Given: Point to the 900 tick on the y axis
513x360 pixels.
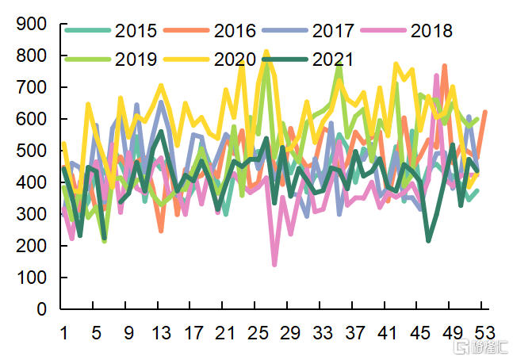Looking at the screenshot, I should pyautogui.click(x=33, y=25).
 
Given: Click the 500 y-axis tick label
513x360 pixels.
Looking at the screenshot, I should pyautogui.click(x=33, y=151).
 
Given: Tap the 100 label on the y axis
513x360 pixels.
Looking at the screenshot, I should pyautogui.click(x=33, y=278).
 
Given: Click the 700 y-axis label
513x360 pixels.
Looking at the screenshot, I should pyautogui.click(x=33, y=88).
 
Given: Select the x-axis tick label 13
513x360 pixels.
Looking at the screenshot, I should pyautogui.click(x=161, y=333).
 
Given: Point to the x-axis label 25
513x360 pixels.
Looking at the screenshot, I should pyautogui.click(x=258, y=333).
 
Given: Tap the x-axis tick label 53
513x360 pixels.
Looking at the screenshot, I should pyautogui.click(x=484, y=333).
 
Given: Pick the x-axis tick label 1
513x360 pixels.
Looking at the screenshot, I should pyautogui.click(x=64, y=333).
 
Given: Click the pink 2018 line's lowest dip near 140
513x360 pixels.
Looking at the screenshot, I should pyautogui.click(x=274, y=264).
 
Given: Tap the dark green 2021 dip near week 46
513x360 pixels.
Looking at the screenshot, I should pyautogui.click(x=429, y=240).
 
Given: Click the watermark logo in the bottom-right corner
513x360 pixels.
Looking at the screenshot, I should pyautogui.click(x=480, y=347).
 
